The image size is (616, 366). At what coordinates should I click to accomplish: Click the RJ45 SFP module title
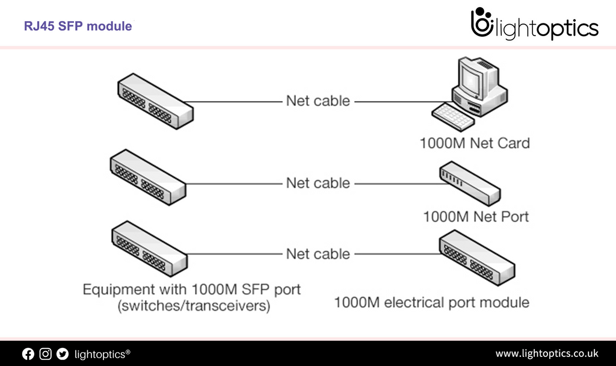78,26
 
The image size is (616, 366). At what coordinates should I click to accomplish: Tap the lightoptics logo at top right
534,25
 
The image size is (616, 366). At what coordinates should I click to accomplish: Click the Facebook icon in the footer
28,354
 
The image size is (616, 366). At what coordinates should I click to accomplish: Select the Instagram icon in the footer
46,354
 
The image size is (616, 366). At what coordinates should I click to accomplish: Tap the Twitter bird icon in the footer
63,354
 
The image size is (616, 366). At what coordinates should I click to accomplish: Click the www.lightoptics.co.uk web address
546,353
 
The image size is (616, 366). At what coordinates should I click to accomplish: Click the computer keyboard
453,116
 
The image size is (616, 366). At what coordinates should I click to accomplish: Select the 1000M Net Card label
475,143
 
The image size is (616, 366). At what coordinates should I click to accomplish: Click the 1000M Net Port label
476,216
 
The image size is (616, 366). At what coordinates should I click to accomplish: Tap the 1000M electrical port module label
432,302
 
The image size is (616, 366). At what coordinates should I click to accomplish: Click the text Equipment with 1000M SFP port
192,289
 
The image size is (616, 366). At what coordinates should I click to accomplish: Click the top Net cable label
318,101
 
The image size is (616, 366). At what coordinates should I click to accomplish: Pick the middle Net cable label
318,183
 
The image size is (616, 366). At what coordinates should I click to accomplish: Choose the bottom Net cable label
318,253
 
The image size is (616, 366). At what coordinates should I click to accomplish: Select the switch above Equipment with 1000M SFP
149,249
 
